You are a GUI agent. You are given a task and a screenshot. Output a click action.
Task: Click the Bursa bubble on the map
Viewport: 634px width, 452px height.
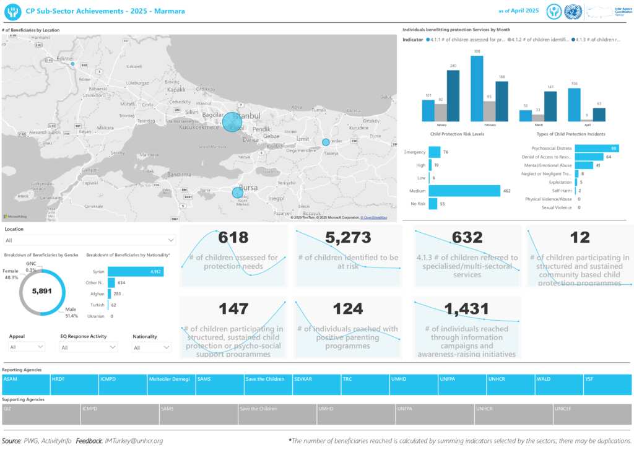pyautogui.click(x=238, y=193)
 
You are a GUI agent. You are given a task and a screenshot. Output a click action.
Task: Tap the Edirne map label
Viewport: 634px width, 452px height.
pyautogui.click(x=64, y=59)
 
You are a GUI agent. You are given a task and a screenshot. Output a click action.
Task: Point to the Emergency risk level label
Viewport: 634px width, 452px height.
pyautogui.click(x=414, y=152)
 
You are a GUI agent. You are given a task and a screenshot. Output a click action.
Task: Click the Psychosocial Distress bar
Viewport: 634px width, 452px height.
pyautogui.click(x=596, y=148)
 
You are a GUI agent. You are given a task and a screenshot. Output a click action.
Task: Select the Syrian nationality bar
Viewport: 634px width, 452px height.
pyautogui.click(x=136, y=271)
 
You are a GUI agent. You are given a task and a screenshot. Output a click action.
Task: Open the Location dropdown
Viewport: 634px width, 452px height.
pyautogui.click(x=90, y=240)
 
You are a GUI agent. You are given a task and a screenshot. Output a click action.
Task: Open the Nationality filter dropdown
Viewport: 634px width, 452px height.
pyautogui.click(x=152, y=347)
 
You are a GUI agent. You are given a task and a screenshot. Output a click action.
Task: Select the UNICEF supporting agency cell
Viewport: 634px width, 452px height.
pyautogui.click(x=593, y=409)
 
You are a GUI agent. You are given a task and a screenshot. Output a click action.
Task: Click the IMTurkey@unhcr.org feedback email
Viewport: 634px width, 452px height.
pyautogui.click(x=134, y=441)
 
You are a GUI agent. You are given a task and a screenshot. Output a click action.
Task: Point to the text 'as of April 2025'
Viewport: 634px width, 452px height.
pyautogui.click(x=518, y=11)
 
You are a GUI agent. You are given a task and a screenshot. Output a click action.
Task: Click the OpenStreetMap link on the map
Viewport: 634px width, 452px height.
pyautogui.click(x=375, y=218)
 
